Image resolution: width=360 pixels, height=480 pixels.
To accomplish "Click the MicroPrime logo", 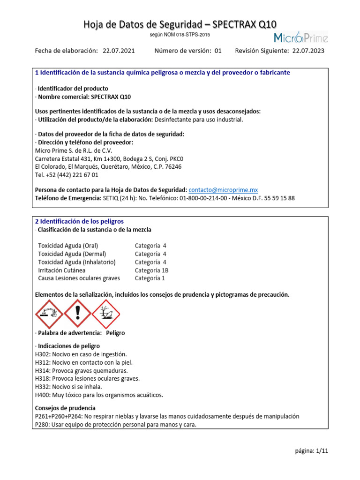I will [x=300, y=37].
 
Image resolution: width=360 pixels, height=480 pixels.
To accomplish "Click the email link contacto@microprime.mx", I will [x=223, y=190].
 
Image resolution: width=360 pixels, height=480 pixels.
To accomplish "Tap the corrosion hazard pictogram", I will [x=49, y=314].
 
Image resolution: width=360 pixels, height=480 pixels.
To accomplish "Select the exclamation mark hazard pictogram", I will [x=77, y=314].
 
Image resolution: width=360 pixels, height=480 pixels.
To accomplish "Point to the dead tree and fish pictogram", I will [x=106, y=314].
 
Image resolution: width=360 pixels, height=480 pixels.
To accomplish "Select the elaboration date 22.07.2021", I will [x=118, y=51].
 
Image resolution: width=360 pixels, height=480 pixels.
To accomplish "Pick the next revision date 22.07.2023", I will [x=308, y=51].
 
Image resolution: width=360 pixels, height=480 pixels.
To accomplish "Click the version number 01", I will [x=218, y=51].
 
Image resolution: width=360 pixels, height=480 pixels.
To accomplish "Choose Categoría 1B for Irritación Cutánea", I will [x=151, y=270].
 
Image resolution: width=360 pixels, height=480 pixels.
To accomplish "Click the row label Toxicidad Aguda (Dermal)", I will [x=72, y=254].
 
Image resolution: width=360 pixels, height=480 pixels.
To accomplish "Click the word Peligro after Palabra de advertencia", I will [x=115, y=333].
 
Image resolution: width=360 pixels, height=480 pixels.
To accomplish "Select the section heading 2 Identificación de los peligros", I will [x=80, y=221].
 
